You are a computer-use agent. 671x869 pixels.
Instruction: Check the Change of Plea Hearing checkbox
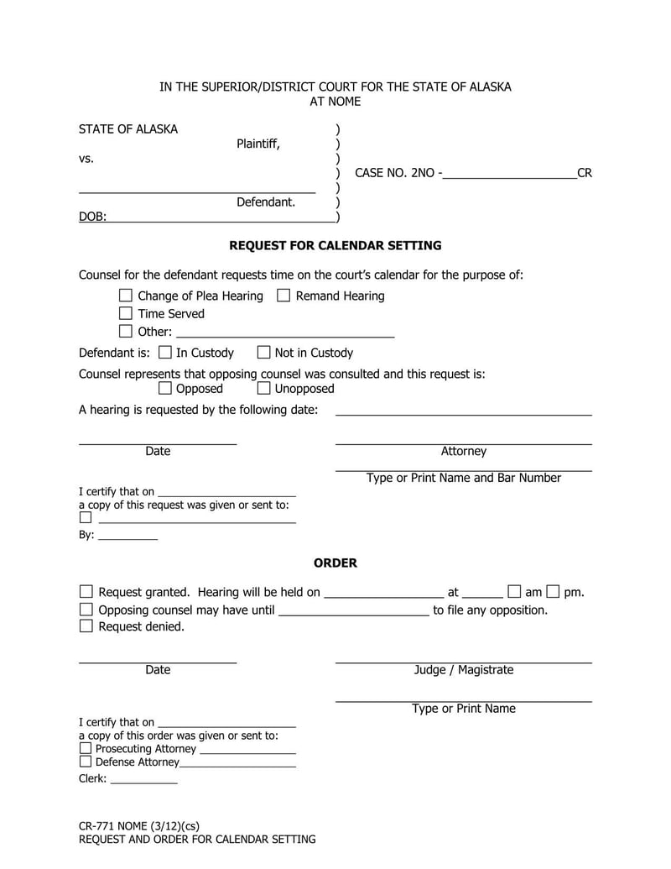(126, 296)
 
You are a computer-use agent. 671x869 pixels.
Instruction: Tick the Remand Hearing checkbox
(283, 296)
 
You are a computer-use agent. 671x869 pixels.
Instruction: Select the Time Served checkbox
(126, 313)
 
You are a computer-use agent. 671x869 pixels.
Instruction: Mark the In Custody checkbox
(164, 353)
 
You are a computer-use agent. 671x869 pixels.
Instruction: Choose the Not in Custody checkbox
(263, 353)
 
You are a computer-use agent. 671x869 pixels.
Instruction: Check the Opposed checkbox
(164, 388)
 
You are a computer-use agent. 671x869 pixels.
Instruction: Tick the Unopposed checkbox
(263, 388)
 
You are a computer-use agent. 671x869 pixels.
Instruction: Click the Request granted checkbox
(86, 592)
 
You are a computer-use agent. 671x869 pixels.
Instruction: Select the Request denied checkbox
(86, 626)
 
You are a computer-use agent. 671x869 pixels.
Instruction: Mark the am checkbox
(514, 592)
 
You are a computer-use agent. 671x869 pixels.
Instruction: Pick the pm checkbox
(553, 592)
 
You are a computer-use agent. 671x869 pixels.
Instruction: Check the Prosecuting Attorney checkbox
(86, 748)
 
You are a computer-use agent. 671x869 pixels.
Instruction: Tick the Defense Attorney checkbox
(86, 762)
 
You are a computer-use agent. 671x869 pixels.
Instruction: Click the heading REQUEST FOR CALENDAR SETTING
(335, 246)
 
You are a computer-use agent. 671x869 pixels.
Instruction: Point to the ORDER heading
(335, 563)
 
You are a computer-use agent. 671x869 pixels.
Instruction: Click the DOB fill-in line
(221, 217)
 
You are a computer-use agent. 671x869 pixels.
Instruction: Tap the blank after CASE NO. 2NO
(509, 173)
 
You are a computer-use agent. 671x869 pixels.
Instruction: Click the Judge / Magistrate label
(464, 670)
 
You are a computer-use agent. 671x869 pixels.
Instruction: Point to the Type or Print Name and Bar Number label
(464, 478)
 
